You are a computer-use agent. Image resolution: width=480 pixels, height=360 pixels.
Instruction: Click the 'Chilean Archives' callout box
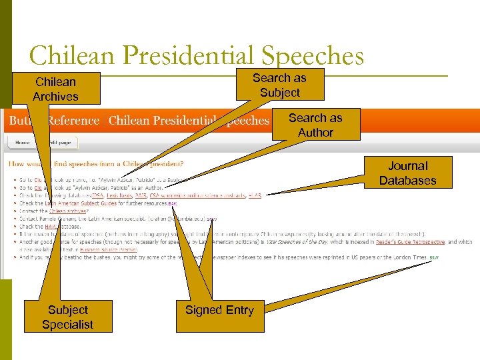point(55,89)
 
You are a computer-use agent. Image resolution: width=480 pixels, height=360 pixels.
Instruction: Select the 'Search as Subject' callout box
point(280,85)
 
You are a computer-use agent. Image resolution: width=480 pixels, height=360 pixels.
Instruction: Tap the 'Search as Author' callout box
point(315,125)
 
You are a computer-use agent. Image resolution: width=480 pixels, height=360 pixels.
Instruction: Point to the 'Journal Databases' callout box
point(407,173)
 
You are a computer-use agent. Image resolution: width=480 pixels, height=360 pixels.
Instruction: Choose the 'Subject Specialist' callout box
point(67,317)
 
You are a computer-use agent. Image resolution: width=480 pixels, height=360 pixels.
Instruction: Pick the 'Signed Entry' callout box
point(219,310)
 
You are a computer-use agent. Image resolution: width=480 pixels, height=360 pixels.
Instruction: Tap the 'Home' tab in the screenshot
point(23,142)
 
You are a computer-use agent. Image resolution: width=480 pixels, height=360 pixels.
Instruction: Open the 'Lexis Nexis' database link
point(123,195)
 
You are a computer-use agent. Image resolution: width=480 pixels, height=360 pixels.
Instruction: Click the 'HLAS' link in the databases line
point(255,195)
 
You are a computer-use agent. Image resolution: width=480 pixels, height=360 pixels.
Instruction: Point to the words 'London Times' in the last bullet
point(411,257)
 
